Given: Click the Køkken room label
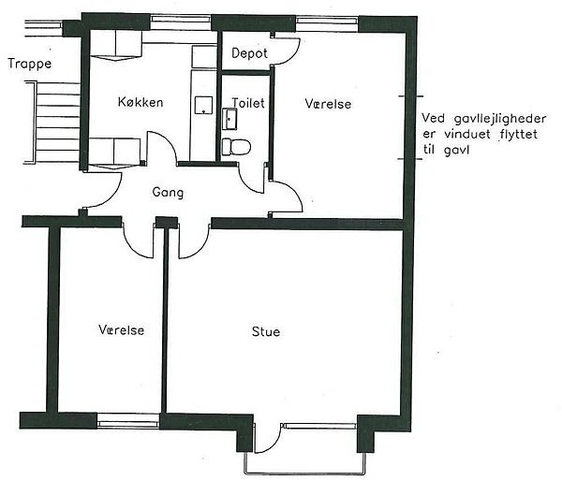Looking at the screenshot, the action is click(140, 102).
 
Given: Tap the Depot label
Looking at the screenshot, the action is click(249, 53).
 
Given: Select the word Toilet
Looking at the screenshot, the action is click(248, 103).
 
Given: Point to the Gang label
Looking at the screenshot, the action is click(168, 193).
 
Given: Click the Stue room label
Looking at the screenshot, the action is click(266, 331).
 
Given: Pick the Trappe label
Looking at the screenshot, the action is click(30, 65).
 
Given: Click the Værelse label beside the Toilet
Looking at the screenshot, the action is click(328, 104).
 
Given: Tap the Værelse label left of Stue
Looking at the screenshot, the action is click(122, 330).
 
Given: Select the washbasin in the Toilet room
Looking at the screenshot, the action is click(229, 119).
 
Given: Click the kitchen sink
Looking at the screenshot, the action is click(203, 106).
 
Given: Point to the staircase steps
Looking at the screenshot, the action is click(57, 123).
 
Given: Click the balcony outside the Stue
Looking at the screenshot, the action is click(305, 464).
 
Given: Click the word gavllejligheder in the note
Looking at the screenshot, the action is click(500, 119).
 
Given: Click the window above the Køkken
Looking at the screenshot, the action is click(180, 22).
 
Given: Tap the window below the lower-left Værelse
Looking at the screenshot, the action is click(128, 420).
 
